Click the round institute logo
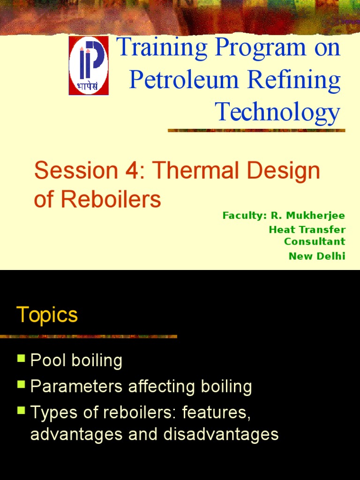(x=89, y=65)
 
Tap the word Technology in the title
(x=277, y=112)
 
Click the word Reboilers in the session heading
(x=110, y=200)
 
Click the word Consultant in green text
(x=315, y=241)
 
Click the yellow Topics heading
(x=47, y=315)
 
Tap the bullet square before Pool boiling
(x=21, y=359)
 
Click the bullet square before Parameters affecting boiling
(x=21, y=385)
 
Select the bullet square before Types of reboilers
(x=21, y=411)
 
